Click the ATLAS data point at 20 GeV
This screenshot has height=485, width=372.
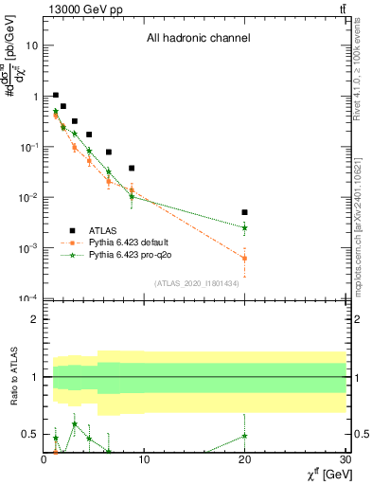245,212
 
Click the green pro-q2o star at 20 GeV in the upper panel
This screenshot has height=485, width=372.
245,227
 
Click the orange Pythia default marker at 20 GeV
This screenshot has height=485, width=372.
245,258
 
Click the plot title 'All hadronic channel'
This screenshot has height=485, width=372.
198,39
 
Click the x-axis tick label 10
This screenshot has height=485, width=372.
145,460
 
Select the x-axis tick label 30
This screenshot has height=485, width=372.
345,460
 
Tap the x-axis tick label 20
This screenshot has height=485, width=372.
245,460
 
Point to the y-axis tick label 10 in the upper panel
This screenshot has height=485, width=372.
32,45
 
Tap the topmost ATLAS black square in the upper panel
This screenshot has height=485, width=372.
56,95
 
